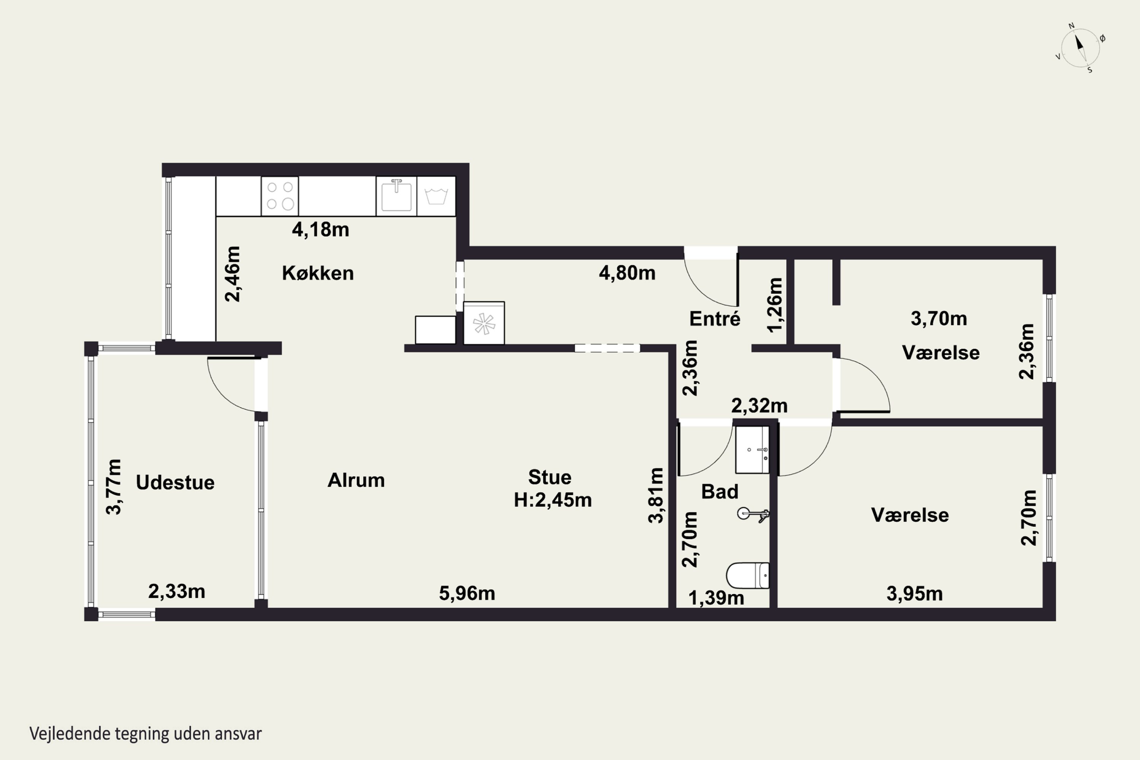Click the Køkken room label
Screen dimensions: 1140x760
click(x=318, y=273)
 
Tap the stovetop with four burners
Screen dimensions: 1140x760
click(x=280, y=196)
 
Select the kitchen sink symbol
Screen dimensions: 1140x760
click(x=396, y=196)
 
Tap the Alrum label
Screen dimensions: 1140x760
click(x=356, y=480)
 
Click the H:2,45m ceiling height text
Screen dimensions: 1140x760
click(x=553, y=500)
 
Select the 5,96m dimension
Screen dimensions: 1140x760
click(x=467, y=593)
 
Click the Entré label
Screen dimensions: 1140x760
click(x=715, y=319)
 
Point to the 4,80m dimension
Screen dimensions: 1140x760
click(x=627, y=273)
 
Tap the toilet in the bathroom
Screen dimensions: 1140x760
click(x=748, y=575)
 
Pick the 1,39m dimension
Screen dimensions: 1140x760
click(x=716, y=598)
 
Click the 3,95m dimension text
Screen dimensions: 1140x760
click(x=915, y=594)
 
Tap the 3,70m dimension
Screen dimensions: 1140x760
click(x=939, y=318)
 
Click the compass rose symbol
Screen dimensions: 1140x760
click(x=1080, y=47)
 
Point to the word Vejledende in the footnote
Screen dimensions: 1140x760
click(x=70, y=734)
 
